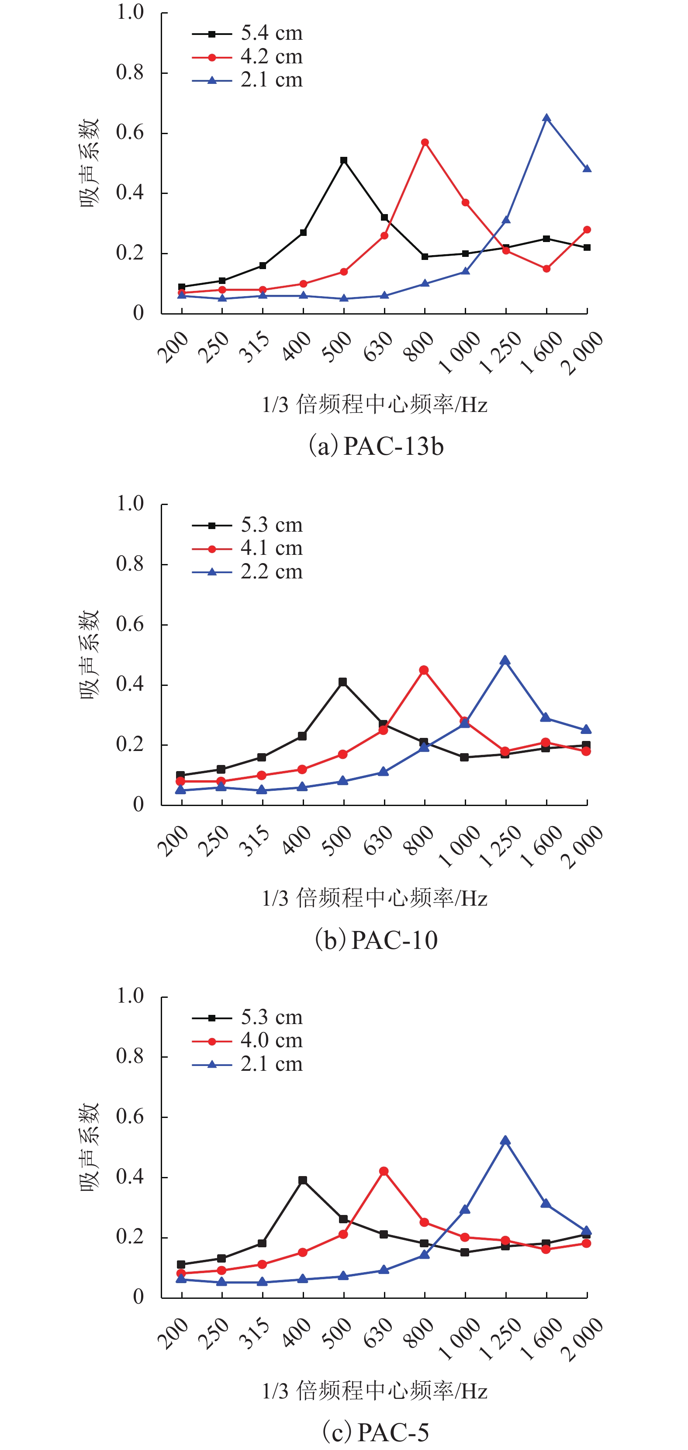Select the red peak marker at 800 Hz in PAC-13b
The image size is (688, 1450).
(x=425, y=142)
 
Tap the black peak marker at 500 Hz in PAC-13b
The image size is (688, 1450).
(x=343, y=160)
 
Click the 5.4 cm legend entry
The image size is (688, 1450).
(x=248, y=34)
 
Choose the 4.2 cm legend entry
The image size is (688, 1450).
(x=248, y=57)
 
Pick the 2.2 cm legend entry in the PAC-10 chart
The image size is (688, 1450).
(x=248, y=572)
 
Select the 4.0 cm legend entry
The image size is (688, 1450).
(x=248, y=1041)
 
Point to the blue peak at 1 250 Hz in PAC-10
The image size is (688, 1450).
(x=505, y=660)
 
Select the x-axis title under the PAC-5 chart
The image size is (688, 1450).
(x=374, y=1391)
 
